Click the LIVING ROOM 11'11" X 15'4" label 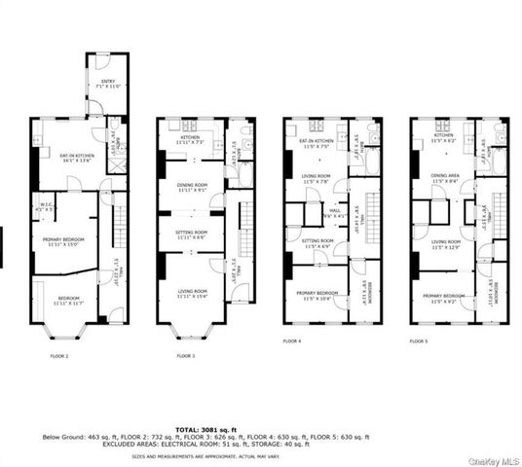(192, 293)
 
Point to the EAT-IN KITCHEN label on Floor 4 (317, 143)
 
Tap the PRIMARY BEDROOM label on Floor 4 (317, 294)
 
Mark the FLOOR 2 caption (59, 357)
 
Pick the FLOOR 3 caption (186, 357)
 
